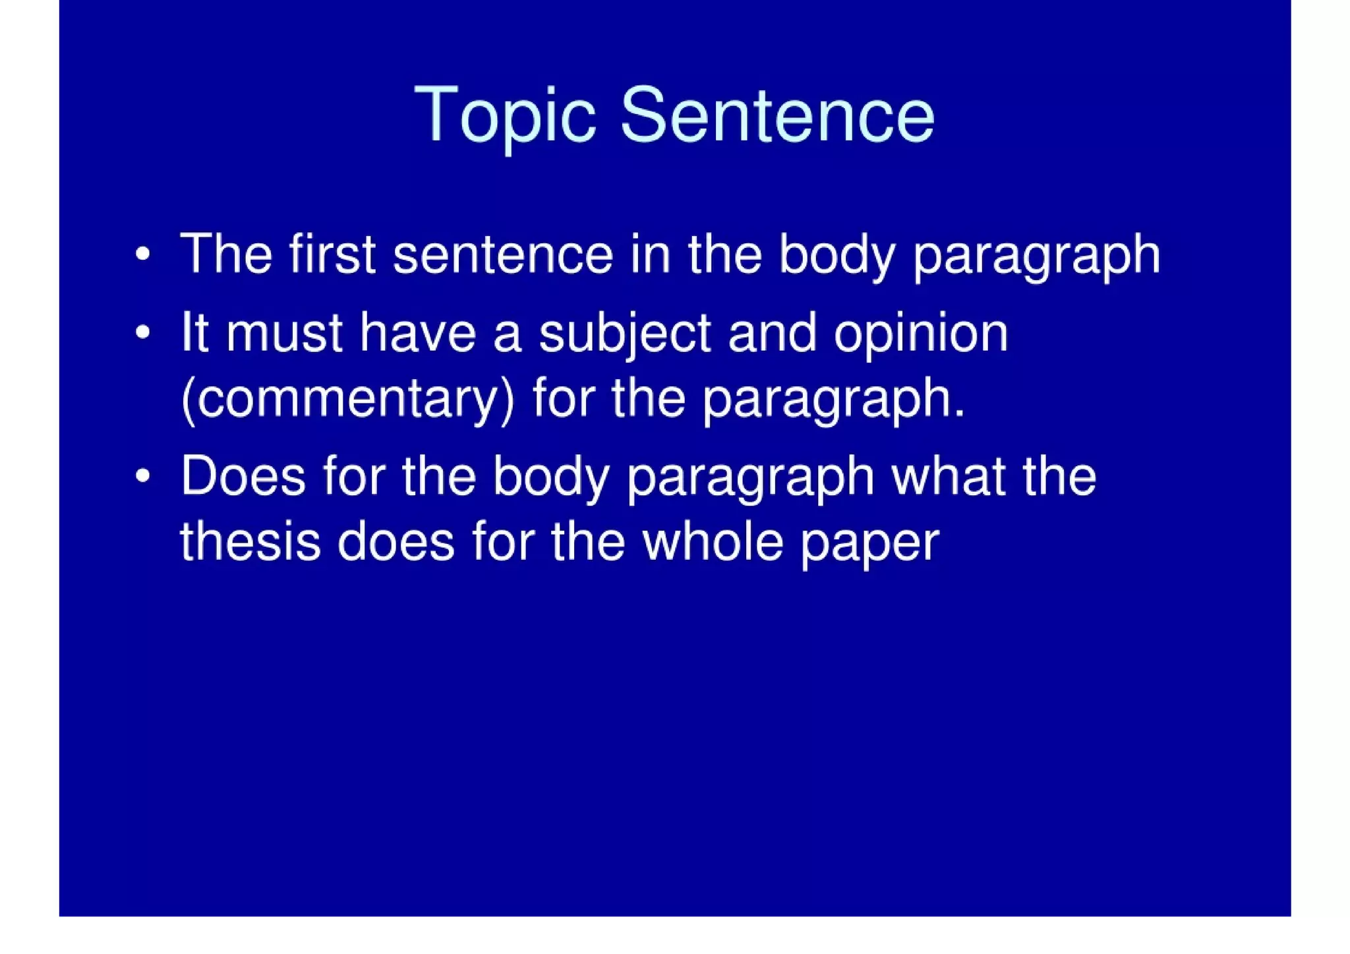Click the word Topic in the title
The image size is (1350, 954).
(x=504, y=116)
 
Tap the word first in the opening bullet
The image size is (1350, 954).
(x=332, y=254)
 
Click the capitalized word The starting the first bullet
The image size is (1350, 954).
(x=225, y=254)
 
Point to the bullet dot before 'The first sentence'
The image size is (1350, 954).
(x=142, y=254)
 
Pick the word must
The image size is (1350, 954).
(x=283, y=333)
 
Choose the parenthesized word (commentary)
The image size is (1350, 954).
(x=347, y=400)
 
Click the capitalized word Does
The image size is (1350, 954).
(x=243, y=476)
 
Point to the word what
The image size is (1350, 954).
(x=949, y=476)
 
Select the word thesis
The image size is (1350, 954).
(x=250, y=542)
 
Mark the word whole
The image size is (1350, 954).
(x=712, y=542)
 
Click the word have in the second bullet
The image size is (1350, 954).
(x=417, y=333)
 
